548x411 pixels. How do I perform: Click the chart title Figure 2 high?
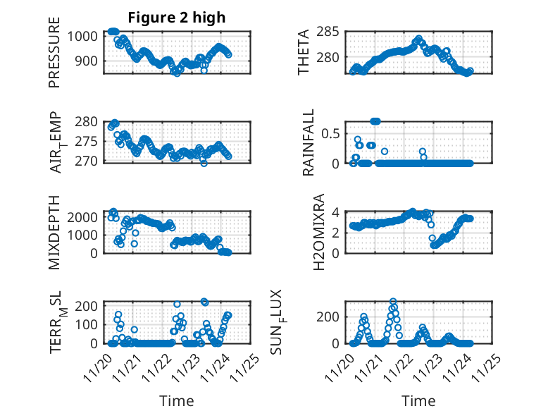tap(177, 18)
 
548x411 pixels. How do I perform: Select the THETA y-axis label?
tap(304, 52)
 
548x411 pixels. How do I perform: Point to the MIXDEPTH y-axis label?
tap(54, 233)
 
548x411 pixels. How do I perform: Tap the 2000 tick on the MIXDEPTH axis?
tap(88, 217)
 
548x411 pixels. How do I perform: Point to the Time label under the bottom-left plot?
tap(177, 400)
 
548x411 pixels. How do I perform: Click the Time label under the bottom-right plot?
tap(418, 400)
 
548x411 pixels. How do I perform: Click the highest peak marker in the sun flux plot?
tap(393, 302)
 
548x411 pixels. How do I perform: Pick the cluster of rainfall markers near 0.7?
tap(375, 121)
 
